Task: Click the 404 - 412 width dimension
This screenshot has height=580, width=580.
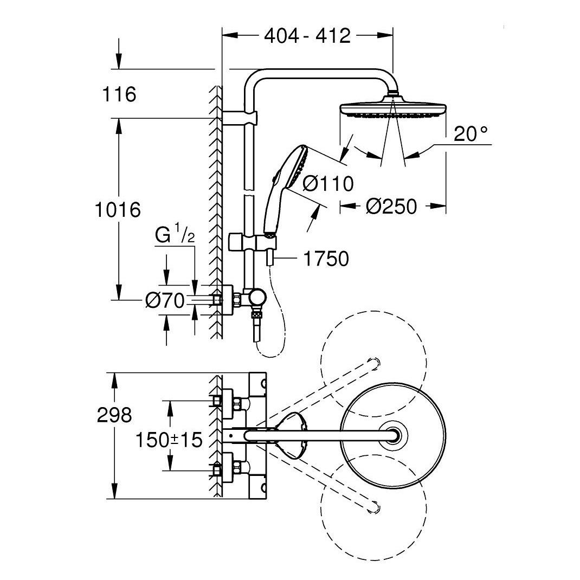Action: click(307, 36)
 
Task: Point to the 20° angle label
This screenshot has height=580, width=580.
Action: click(471, 134)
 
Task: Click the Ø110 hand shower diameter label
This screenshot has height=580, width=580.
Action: click(327, 184)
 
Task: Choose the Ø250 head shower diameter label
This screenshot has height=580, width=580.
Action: click(391, 206)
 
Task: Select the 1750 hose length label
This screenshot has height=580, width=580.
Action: click(325, 259)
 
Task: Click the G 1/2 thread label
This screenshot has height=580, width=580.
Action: click(174, 236)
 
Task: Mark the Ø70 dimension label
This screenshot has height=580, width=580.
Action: click(165, 300)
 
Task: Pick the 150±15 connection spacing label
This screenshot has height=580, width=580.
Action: click(169, 440)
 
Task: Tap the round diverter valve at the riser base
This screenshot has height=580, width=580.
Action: click(256, 298)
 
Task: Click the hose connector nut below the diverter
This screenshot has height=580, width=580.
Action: click(255, 314)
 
